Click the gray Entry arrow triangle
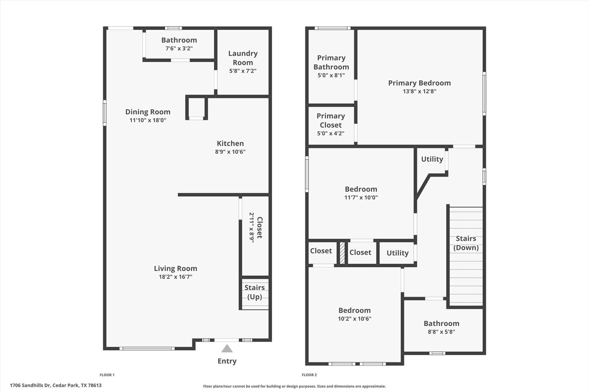point(227,349)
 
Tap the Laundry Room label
point(243,58)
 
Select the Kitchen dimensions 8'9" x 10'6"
point(230,152)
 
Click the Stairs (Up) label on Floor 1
point(255,292)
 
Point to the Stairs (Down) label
point(466,243)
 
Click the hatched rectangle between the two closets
point(342,253)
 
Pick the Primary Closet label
point(331,120)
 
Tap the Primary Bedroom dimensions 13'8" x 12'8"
point(419,91)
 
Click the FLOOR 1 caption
point(107,375)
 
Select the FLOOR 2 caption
point(309,375)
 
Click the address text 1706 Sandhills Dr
point(56,385)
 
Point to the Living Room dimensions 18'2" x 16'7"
point(175,277)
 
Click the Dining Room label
point(148,112)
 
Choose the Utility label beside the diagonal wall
point(432,159)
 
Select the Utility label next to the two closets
point(397,253)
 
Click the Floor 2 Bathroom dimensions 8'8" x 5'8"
point(441,332)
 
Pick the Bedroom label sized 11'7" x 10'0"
point(361,189)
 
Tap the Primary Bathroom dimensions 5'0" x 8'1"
point(331,75)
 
